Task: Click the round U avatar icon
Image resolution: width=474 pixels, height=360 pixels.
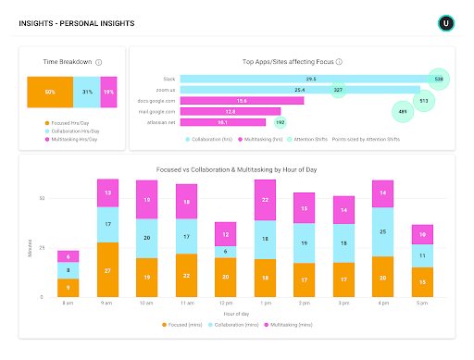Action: (447, 22)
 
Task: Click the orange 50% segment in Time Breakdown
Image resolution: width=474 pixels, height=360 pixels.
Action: (49, 93)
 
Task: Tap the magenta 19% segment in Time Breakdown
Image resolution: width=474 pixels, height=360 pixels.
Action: (108, 93)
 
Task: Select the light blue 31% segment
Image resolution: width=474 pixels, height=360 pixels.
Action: (86, 93)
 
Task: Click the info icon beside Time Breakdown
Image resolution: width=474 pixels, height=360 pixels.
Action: (99, 62)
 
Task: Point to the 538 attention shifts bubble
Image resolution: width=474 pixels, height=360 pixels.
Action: (439, 80)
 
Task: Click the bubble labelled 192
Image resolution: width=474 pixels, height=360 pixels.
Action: (280, 120)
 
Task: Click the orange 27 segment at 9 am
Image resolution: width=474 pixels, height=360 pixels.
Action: (107, 270)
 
